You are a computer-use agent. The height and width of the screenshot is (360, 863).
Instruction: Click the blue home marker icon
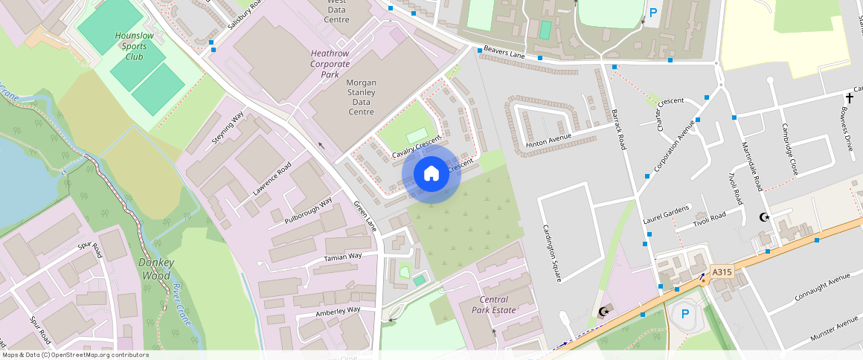tap(431, 174)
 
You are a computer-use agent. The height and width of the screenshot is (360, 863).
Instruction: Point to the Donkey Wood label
tap(156, 269)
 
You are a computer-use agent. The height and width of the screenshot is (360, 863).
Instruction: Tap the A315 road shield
tap(722, 272)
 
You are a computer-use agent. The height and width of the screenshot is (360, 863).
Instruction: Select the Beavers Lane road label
tap(505, 52)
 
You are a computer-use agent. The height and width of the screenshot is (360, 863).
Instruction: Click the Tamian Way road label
tap(343, 257)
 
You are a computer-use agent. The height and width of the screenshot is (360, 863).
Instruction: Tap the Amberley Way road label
tap(338, 310)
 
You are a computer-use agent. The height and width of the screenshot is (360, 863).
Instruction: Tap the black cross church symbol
tap(849, 98)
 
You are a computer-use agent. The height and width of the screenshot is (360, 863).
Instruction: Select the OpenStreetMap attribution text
tap(76, 355)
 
